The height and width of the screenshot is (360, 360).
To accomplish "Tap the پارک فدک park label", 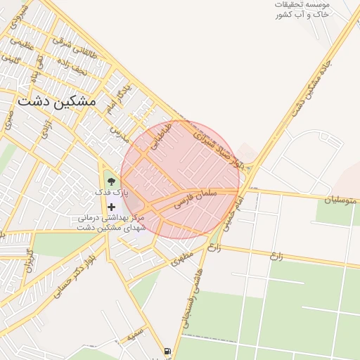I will (112, 193).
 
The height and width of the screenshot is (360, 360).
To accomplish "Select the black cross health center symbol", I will (111, 206).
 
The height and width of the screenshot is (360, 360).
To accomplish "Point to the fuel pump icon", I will (167, 351).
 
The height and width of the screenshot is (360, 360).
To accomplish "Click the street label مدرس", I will (118, 134).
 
